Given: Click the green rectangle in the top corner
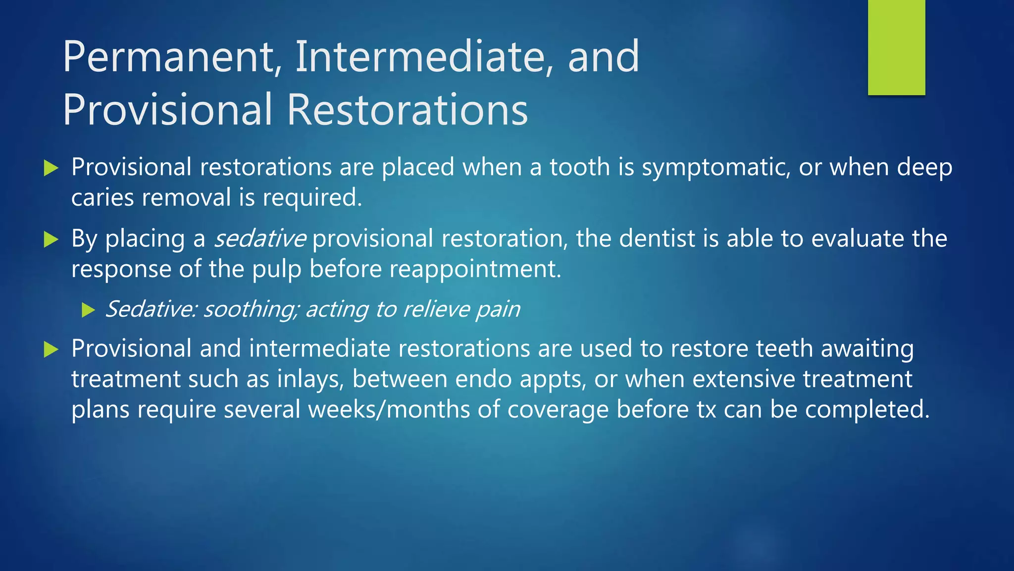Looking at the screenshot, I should [x=896, y=48].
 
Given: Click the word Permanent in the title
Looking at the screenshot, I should [x=168, y=57].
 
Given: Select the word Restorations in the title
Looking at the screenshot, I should [x=407, y=110].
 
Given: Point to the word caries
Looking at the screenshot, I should [x=102, y=198].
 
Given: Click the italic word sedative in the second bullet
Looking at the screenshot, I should [x=260, y=239].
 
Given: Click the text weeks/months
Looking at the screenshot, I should [x=389, y=410].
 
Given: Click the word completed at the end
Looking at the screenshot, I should [x=867, y=410].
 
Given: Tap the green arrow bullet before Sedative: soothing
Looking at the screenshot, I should [x=88, y=310].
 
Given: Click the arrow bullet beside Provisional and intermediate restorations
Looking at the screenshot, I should [x=51, y=349].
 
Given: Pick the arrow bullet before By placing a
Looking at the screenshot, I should [x=51, y=239].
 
